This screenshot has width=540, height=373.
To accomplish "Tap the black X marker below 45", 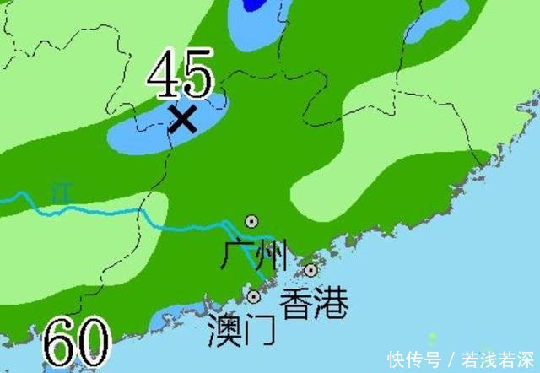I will (x=182, y=118).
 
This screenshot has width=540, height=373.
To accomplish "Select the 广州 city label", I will (x=254, y=254).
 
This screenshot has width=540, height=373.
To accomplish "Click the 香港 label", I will (x=313, y=302).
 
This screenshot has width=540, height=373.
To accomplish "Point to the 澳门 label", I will (x=241, y=330).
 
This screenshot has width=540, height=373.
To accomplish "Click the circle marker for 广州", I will (x=251, y=221).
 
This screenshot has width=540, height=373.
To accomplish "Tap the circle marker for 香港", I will (x=311, y=270).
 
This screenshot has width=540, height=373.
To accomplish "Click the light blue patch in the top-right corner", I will (x=438, y=20).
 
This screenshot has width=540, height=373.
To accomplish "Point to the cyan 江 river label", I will (x=58, y=189).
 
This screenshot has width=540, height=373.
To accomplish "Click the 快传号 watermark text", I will (x=414, y=359).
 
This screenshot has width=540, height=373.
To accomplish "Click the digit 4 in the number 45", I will (x=163, y=73).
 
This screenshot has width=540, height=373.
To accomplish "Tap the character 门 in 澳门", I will (x=259, y=330).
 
